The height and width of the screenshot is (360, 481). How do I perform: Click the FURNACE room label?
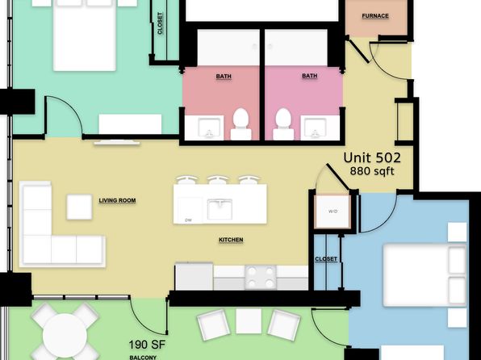[x=375, y=16]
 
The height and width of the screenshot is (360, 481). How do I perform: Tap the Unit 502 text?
[x=372, y=157]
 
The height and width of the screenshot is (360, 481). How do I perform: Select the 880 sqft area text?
[x=372, y=171]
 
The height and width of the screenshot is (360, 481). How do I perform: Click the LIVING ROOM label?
[x=117, y=200]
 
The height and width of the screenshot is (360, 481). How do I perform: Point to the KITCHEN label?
[x=231, y=240]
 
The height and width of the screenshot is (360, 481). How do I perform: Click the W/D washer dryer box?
[x=333, y=211]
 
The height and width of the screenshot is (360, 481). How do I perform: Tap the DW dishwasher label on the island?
[x=189, y=220]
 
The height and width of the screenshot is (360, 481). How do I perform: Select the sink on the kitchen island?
[x=220, y=209]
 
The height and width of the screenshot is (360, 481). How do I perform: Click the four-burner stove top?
[x=261, y=278]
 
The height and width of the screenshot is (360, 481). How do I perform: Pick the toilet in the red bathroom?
[x=240, y=124]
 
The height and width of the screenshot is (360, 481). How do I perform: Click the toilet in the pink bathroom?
[x=283, y=124]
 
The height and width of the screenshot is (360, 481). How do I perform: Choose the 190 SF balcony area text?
[x=147, y=345]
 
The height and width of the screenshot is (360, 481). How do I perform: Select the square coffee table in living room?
[x=79, y=207]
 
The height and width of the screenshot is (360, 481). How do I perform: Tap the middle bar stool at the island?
[x=217, y=179]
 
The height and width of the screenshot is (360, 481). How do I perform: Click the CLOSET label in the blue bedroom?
[x=326, y=259]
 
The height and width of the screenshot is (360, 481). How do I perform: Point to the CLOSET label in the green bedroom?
[x=160, y=23]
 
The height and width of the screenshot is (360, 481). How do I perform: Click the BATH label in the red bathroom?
[x=224, y=77]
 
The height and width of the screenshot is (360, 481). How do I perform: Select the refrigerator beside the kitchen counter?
[x=194, y=276]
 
